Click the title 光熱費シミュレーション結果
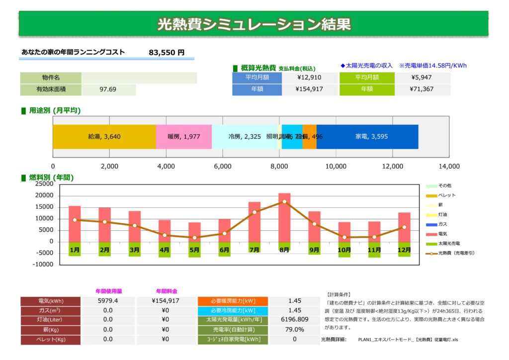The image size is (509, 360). coord(254,24)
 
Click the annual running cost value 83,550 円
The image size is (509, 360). coord(167,52)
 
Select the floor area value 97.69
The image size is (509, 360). coord(108,90)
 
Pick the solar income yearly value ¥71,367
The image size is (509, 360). coord(423,90)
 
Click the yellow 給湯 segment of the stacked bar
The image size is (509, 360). coord(104,137)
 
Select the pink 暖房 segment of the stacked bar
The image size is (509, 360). coord(183,137)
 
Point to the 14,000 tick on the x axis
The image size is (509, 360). coord(449,166)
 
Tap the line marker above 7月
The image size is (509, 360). coord(254,212)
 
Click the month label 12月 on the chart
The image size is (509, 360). coord(404,250)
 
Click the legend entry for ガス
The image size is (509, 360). coord(442,224)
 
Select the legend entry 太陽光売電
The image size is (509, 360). coord(448,244)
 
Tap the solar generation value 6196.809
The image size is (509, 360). coord(294,320)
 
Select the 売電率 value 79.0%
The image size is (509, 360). coord(294,329)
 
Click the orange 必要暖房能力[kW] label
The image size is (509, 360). coord(233,301)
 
